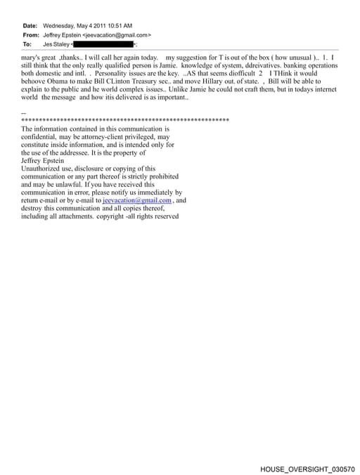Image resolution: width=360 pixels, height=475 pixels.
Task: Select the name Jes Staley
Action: [x=56, y=44]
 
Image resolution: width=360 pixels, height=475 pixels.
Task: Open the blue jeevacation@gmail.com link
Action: [x=137, y=200]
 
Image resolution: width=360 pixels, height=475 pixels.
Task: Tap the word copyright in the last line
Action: [x=112, y=216]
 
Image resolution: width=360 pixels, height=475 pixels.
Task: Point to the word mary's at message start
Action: [x=32, y=56]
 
